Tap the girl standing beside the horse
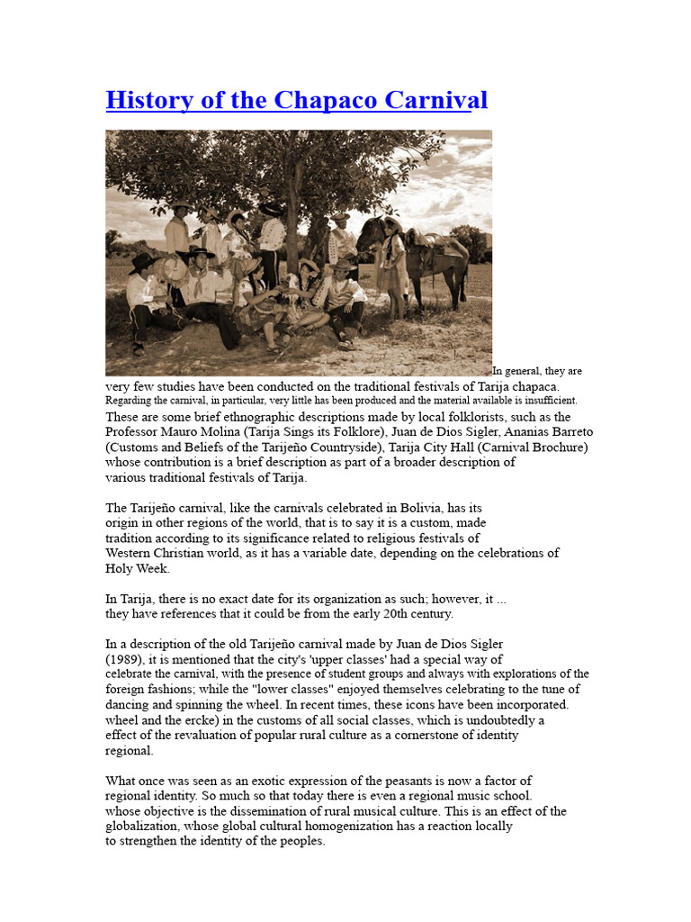(x=393, y=261)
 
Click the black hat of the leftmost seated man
(x=142, y=261)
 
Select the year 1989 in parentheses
(x=123, y=658)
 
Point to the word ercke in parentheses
(x=190, y=720)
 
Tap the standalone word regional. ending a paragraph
(x=130, y=750)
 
